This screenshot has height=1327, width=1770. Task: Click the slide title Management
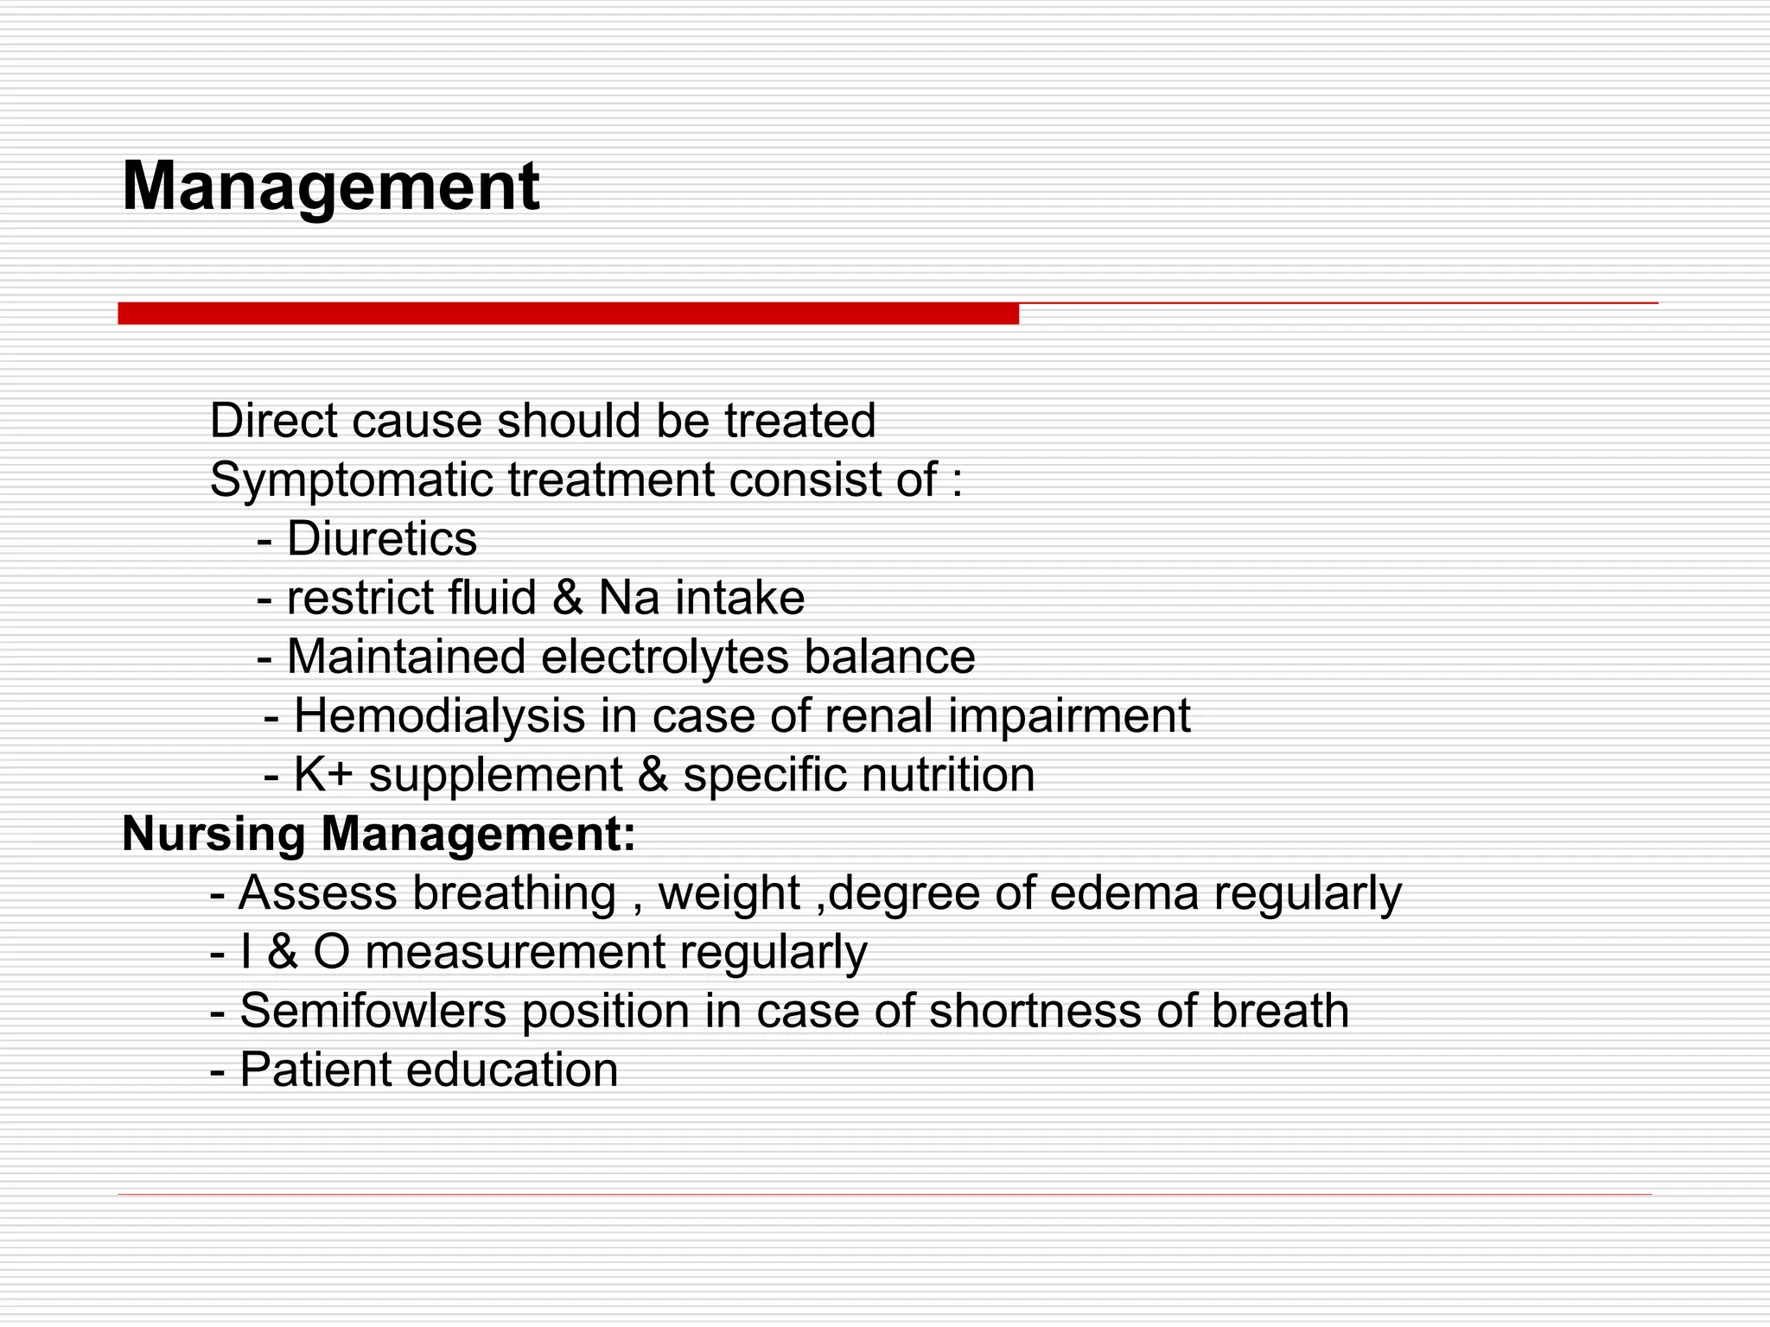tap(331, 187)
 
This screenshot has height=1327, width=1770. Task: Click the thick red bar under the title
tap(568, 313)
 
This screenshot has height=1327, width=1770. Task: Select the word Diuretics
tap(381, 539)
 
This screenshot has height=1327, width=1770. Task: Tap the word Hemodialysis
tap(439, 716)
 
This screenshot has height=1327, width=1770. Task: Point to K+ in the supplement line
tap(323, 774)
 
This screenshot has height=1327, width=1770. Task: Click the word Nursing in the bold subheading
tap(213, 834)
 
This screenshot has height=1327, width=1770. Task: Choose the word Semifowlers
tap(372, 1011)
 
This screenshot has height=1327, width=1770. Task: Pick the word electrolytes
tap(665, 657)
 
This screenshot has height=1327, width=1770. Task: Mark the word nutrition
tap(947, 774)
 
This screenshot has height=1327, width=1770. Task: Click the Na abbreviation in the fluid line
tap(629, 598)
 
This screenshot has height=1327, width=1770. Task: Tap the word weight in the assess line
tap(729, 892)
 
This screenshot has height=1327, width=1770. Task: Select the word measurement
tap(515, 952)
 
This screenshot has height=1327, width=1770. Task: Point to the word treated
tap(799, 421)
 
